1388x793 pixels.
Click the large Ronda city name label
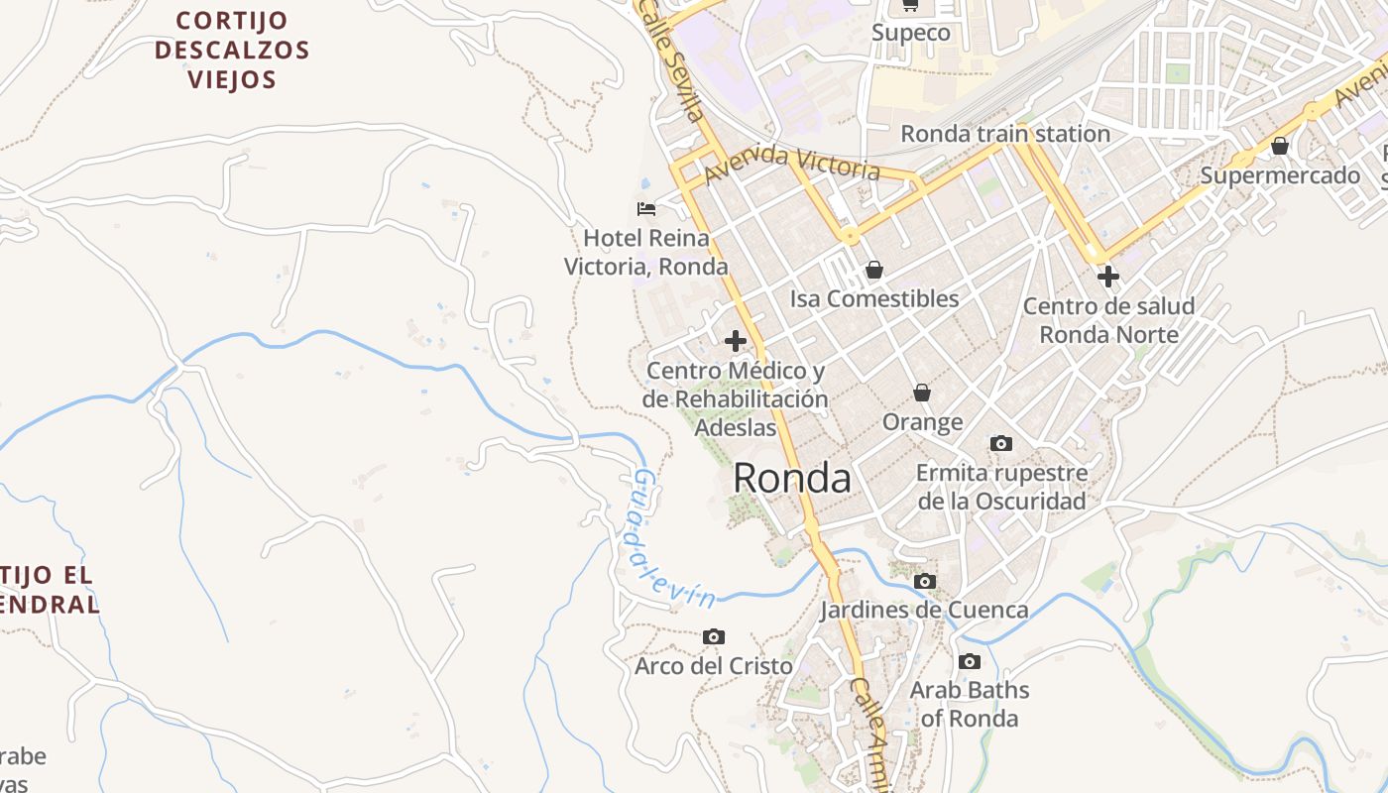tap(792, 479)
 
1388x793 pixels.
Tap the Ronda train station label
tap(1004, 133)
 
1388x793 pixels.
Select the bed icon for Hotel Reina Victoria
tap(646, 208)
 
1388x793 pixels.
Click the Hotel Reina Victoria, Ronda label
tap(646, 252)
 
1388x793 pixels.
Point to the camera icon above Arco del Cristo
tap(713, 636)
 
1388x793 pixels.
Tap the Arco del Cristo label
tap(713, 665)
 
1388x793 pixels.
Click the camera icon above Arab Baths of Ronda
tap(970, 661)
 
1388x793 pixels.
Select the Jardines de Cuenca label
tap(924, 609)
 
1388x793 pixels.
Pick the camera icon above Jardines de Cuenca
tap(925, 581)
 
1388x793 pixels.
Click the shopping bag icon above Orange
tap(922, 393)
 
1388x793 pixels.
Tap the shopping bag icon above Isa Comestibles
tap(874, 269)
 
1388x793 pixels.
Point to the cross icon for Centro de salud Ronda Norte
tap(1108, 277)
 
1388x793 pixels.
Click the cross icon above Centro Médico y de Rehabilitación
tap(736, 341)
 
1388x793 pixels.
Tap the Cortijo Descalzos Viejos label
tap(232, 50)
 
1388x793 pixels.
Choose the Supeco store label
tap(910, 33)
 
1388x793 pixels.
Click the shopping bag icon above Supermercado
tap(1280, 146)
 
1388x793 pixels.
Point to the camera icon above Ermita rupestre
tap(1001, 443)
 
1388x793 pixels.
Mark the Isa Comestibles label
tap(874, 298)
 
